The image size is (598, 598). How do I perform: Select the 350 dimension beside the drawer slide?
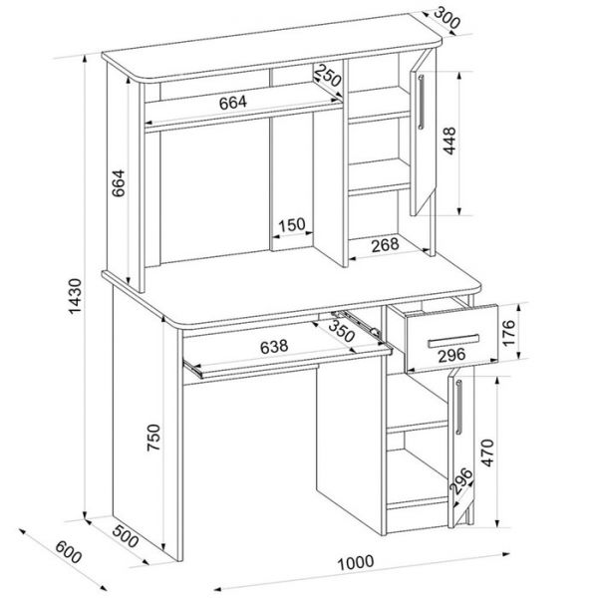point(342,330)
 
